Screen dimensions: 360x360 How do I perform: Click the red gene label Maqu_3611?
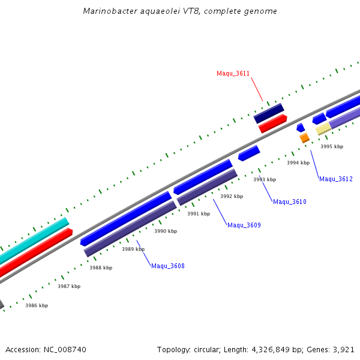233,73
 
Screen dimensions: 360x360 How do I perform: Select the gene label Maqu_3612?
335,179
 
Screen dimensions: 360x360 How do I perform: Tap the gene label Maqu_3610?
289,202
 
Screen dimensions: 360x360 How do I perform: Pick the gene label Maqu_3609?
244,225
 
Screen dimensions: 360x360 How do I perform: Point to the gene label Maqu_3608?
167,266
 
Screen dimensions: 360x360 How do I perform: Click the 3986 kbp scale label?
36,305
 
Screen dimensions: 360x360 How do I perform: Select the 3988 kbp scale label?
100,268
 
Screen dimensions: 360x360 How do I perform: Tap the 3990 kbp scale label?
166,231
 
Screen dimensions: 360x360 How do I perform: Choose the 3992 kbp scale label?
231,196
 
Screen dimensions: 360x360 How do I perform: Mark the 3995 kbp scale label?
331,146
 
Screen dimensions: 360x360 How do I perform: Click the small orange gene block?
304,137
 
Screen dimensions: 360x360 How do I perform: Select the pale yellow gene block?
323,128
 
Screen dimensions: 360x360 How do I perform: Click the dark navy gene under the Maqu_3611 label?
268,113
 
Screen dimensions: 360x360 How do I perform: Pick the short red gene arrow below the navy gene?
272,123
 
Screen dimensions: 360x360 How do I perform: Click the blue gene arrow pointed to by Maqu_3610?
249,153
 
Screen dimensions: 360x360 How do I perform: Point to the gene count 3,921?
344,349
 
